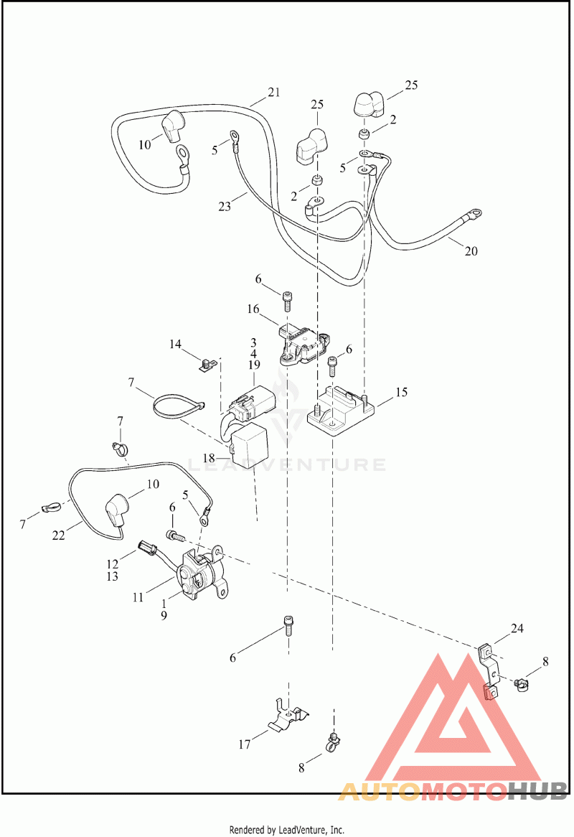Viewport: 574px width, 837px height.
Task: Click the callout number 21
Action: pyautogui.click(x=273, y=92)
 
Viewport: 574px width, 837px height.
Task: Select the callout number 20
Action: pyautogui.click(x=470, y=251)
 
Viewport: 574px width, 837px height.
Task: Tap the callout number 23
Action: pyautogui.click(x=225, y=207)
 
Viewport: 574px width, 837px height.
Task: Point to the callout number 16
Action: pyautogui.click(x=253, y=309)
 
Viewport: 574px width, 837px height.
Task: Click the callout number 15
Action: pyautogui.click(x=400, y=392)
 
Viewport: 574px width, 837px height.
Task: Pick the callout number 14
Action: pyautogui.click(x=176, y=345)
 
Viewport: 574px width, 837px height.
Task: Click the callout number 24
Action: pyautogui.click(x=517, y=628)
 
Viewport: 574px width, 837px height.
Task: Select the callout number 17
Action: pyautogui.click(x=245, y=744)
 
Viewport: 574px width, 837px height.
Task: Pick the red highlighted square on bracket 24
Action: pyautogui.click(x=491, y=693)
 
